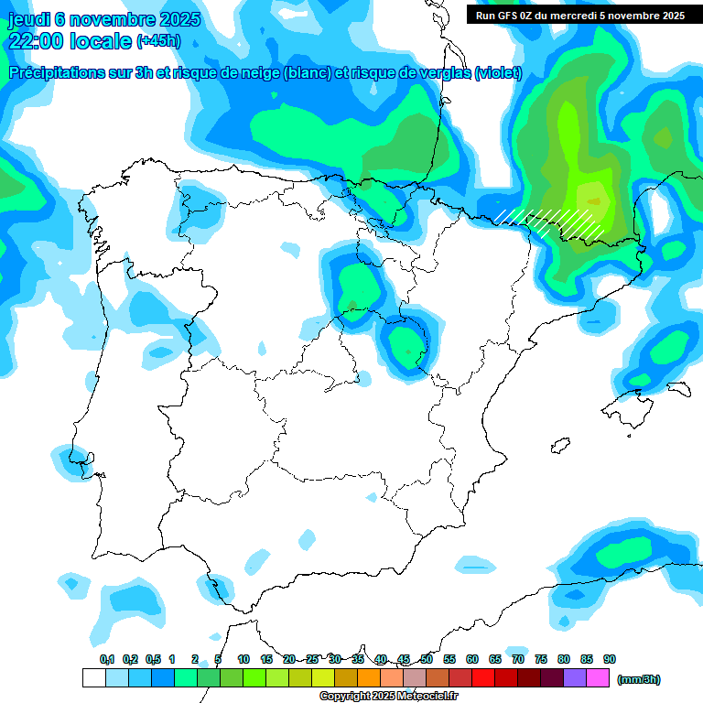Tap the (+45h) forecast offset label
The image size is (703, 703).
click(159, 41)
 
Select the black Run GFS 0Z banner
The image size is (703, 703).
click(579, 15)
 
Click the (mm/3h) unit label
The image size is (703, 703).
click(638, 679)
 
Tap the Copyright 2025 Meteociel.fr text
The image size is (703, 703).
click(388, 697)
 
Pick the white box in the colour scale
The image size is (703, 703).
click(93, 678)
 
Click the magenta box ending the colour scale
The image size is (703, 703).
click(598, 678)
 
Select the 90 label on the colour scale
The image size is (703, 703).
click(610, 659)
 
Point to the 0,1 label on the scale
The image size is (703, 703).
click(107, 659)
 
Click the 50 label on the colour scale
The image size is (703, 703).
click(427, 659)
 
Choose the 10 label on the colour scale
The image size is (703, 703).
click(243, 659)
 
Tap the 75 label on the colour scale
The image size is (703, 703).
click(541, 659)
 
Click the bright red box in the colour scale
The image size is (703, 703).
click(483, 678)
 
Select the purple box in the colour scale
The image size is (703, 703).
click(575, 678)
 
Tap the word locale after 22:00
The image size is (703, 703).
click(101, 41)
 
